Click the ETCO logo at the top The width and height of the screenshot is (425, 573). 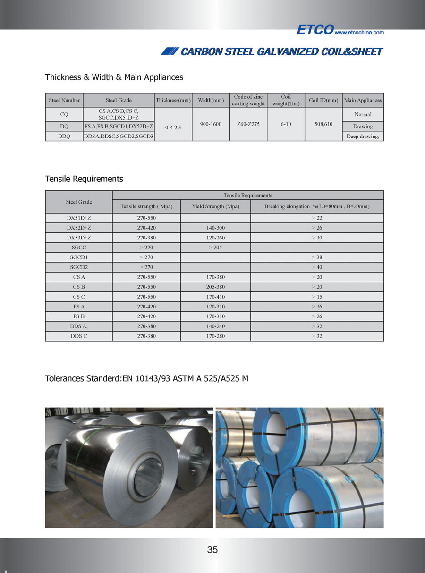[315, 30]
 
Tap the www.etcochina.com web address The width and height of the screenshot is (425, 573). [359, 33]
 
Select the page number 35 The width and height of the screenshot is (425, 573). [212, 549]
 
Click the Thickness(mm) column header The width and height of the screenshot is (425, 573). [173, 100]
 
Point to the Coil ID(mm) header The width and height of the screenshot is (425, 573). [324, 100]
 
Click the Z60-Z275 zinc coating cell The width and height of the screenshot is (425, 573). [248, 124]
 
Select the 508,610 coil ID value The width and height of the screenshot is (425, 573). [324, 124]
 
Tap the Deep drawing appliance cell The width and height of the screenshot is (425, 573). [363, 137]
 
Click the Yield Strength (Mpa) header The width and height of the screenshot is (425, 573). [215, 206]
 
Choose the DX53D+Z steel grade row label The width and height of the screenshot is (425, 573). [79, 238]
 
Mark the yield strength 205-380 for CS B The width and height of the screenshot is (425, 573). [215, 287]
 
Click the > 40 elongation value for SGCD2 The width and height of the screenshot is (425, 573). [317, 267]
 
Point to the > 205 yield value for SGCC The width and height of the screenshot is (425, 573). [215, 248]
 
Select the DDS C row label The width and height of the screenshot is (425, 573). [79, 336]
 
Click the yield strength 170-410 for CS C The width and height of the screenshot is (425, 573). [215, 297]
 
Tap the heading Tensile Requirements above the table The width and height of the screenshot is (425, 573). [84, 179]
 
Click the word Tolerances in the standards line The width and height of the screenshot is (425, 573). [63, 378]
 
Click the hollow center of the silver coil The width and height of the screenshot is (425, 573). [147, 478]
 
